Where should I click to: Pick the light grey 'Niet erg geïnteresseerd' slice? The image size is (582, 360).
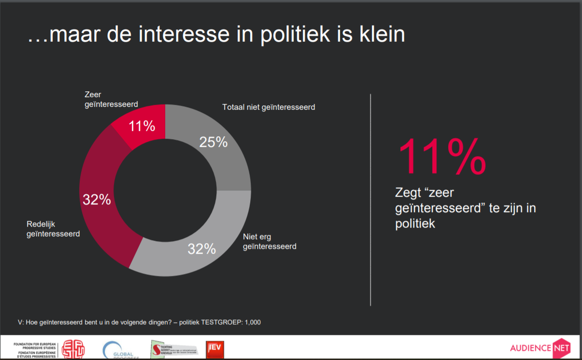(193, 251)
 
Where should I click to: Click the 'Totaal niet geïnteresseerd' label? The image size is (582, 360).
(269, 107)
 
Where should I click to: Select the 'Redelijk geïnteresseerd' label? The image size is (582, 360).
(53, 229)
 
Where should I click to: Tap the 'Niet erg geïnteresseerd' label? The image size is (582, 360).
(269, 242)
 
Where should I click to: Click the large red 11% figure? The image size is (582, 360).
(441, 157)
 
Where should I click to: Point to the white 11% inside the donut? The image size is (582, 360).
(142, 126)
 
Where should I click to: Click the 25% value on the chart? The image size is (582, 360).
(213, 142)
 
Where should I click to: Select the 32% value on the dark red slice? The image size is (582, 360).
(97, 199)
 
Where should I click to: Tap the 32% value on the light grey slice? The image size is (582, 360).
(201, 249)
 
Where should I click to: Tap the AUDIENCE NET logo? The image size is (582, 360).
(540, 347)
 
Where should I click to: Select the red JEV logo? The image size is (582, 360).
(214, 349)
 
